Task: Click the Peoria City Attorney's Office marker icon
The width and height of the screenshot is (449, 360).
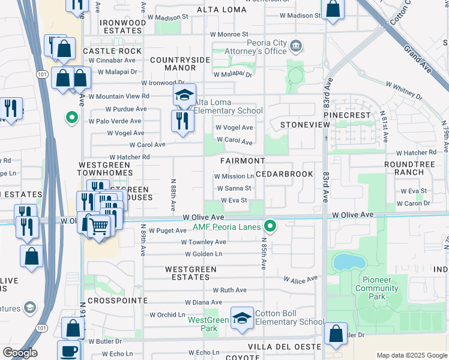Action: click(x=295, y=46)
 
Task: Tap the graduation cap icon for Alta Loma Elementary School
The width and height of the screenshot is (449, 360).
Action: click(x=185, y=95)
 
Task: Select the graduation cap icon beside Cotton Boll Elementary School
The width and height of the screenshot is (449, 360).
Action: click(x=242, y=319)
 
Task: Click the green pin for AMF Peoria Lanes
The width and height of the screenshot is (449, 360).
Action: click(x=271, y=226)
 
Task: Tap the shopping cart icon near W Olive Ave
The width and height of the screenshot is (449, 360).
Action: click(x=98, y=226)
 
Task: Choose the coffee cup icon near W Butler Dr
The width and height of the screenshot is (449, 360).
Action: click(x=68, y=350)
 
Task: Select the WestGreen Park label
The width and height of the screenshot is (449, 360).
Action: click(x=208, y=324)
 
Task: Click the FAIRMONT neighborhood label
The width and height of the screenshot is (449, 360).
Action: click(x=242, y=161)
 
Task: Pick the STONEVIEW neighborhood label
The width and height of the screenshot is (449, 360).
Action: click(x=305, y=124)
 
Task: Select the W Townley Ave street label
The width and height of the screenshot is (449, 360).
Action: click(x=203, y=242)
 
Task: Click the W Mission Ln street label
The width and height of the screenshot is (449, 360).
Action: click(x=234, y=176)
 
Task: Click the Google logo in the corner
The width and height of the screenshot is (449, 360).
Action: click(x=20, y=353)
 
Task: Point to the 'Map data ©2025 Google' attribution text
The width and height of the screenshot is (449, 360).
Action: click(x=412, y=355)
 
